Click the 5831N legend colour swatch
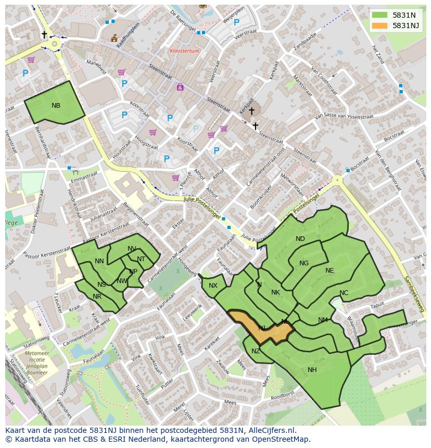pos(380,16)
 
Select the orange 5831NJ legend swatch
pos(380,25)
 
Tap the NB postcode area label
pos(56,106)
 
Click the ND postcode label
pos(300,239)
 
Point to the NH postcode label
pos(312,370)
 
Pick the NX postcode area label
pos(213,286)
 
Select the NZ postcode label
pos(256,352)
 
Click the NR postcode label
pos(97,297)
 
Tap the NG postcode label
pos(304,263)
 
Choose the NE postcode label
pos(329,271)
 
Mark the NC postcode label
pos(344,293)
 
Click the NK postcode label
pos(275,292)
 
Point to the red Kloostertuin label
pos(184,51)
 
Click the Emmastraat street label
pos(84,178)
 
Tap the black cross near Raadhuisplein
pos(44,35)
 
